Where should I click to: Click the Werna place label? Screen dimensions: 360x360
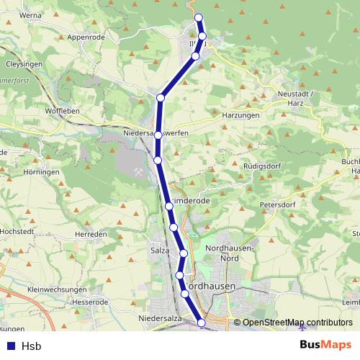(32, 14)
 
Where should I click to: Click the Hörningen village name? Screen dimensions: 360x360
(41, 173)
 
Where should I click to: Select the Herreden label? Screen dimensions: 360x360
(91, 235)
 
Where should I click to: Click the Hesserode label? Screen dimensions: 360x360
(90, 302)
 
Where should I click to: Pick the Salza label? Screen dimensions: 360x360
(160, 250)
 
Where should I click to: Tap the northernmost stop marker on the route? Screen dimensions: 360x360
(199, 17)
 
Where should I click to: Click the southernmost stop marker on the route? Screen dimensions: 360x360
(202, 323)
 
